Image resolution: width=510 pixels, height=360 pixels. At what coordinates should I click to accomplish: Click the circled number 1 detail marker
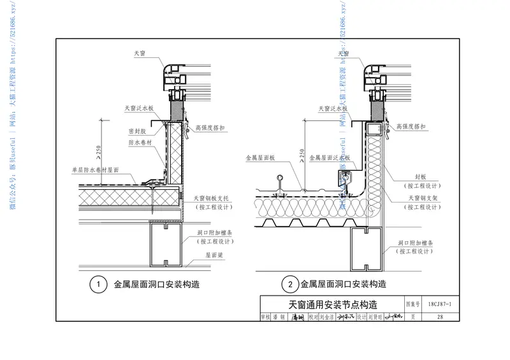[98, 284]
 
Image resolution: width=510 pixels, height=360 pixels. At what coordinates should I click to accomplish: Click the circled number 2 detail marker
[289, 284]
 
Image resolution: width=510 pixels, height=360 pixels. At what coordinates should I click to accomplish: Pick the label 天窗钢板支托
[212, 199]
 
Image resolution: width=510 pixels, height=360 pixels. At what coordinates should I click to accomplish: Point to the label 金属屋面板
[259, 156]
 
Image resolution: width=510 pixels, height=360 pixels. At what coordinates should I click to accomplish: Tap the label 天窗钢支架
[422, 199]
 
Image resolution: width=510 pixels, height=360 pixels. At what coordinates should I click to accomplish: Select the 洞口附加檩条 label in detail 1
[212, 233]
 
